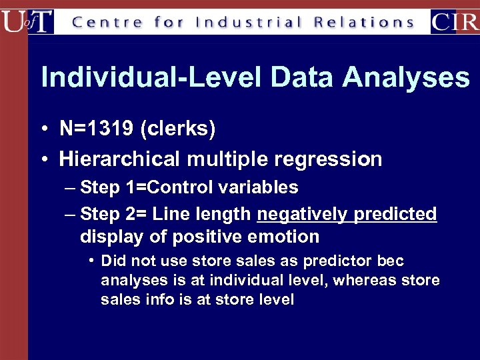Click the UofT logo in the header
pyautogui.click(x=27, y=21)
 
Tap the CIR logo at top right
pyautogui.click(x=455, y=21)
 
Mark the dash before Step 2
pyautogui.click(x=71, y=214)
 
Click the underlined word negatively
pyautogui.click(x=302, y=214)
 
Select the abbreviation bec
pyautogui.click(x=390, y=261)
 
